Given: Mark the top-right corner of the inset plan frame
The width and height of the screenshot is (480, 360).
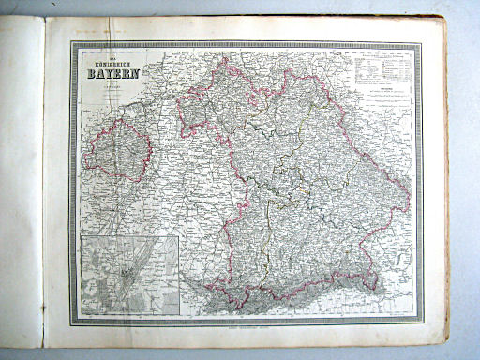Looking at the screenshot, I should [x=178, y=236].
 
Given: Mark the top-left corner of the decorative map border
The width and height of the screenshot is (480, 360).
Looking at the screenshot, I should [x=71, y=41].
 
